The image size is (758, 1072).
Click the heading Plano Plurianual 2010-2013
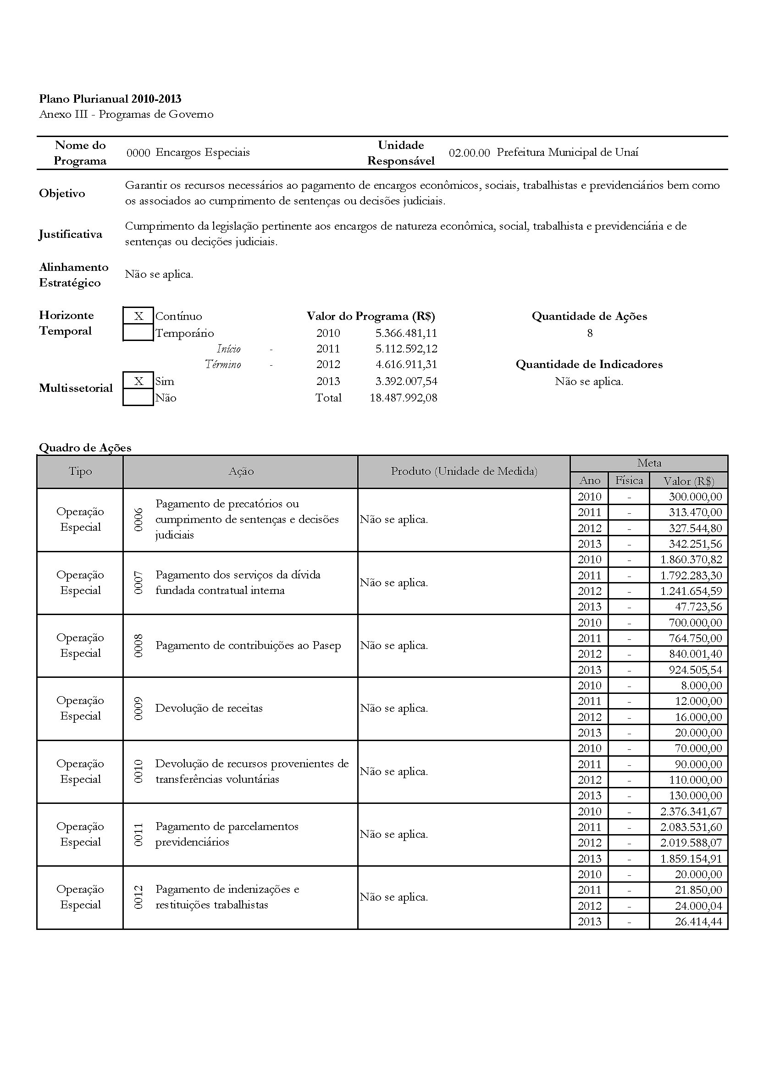click(110, 99)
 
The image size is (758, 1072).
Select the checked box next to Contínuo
click(138, 316)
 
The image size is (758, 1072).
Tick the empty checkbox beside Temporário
click(138, 333)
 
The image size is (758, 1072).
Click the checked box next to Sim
click(138, 381)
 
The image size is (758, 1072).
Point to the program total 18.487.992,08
click(404, 398)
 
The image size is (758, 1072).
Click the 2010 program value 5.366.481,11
click(406, 333)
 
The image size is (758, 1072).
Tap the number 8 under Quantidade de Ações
click(590, 333)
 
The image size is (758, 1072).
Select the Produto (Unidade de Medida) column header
click(464, 472)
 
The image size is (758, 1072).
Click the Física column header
click(629, 480)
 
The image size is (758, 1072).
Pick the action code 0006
click(138, 520)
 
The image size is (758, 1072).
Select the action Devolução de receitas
click(209, 708)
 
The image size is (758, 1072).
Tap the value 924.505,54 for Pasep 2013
click(696, 670)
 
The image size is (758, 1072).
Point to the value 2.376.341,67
click(691, 812)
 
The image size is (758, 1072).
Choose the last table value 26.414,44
click(698, 922)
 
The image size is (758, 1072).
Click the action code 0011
click(138, 834)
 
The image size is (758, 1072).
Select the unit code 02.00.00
click(469, 153)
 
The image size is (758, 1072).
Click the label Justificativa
click(71, 234)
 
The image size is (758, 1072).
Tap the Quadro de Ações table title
click(85, 448)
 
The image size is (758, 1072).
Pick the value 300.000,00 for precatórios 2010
click(696, 497)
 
